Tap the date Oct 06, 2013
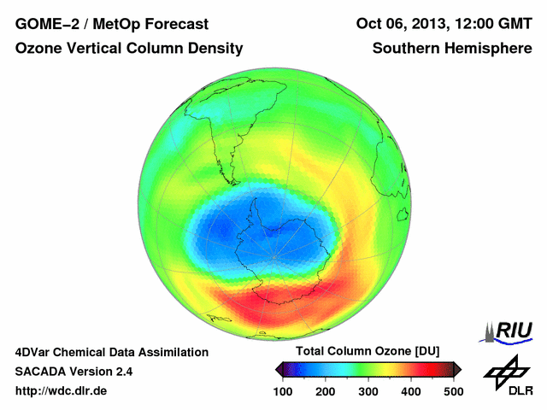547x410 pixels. click(400, 23)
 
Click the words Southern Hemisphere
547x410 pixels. click(452, 49)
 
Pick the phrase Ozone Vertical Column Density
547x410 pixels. click(129, 49)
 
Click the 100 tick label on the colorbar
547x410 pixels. click(282, 391)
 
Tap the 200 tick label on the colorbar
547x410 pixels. click(325, 391)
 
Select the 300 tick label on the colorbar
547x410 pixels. click(368, 391)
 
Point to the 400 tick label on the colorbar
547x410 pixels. click(410, 391)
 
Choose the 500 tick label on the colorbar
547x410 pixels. click(453, 391)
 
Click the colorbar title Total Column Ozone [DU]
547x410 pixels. click(367, 352)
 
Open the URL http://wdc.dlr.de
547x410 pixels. click(62, 391)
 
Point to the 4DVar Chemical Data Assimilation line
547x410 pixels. click(112, 352)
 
